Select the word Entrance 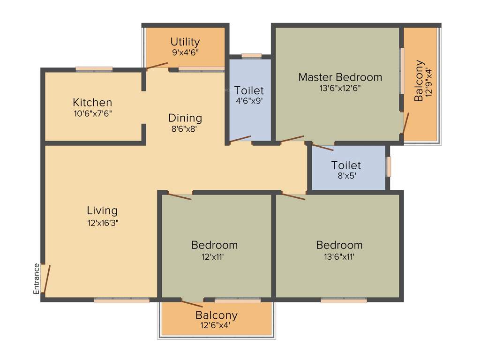[x=37, y=278]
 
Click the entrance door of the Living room [x=46, y=279]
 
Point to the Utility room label [x=185, y=42]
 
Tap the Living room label [x=102, y=210]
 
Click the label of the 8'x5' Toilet [x=346, y=165]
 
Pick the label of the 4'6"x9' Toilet [x=249, y=90]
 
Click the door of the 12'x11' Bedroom [x=180, y=196]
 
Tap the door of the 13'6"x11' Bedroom [x=293, y=196]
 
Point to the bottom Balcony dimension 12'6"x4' [x=216, y=325]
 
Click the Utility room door [x=157, y=66]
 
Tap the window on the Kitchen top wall [x=94, y=69]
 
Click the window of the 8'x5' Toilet [x=388, y=166]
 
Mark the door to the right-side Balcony [x=405, y=123]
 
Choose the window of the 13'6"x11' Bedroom [x=344, y=300]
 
